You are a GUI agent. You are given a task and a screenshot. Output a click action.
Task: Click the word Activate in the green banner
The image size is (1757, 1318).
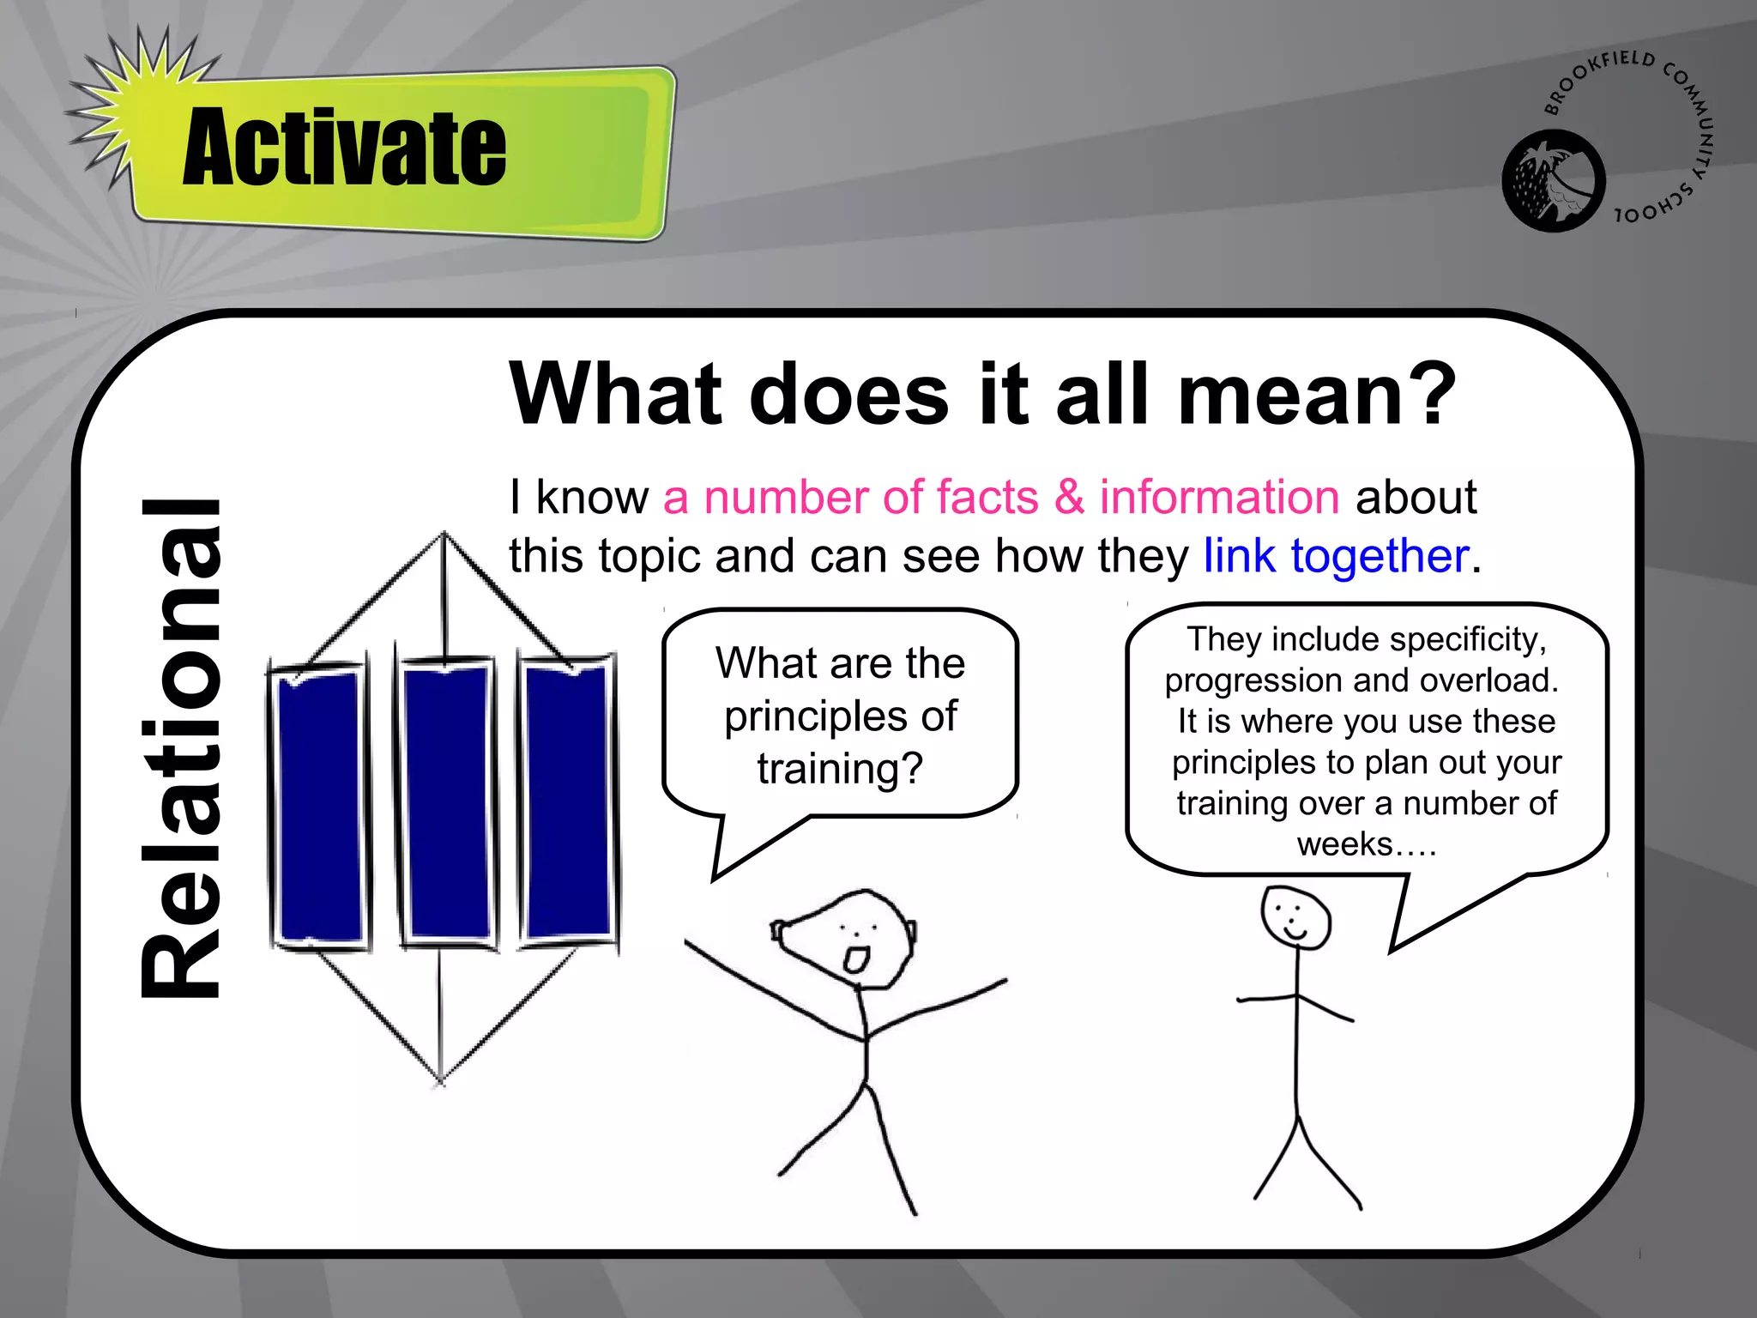pos(345,148)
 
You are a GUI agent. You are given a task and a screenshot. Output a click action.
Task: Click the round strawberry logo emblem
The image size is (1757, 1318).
pos(1553,181)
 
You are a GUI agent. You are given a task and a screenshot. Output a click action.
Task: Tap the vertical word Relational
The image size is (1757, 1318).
pos(182,748)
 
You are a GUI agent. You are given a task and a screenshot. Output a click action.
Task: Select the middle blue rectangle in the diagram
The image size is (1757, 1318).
pos(446,803)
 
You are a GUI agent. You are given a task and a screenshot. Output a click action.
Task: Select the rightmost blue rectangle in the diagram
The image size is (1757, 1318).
pos(568,801)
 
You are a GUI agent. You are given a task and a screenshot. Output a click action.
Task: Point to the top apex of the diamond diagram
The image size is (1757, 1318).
pos(444,535)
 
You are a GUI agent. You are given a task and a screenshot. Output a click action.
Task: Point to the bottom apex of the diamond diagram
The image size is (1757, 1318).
pos(440,1079)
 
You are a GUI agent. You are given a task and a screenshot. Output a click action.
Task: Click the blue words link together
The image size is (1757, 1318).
pos(1336,556)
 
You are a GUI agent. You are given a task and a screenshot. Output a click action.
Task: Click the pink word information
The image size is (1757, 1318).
pos(1219,498)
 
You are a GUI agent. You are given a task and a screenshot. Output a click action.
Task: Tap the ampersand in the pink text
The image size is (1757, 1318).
pos(1069,498)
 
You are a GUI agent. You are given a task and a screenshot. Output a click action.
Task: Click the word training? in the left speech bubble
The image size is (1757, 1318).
pos(839,768)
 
